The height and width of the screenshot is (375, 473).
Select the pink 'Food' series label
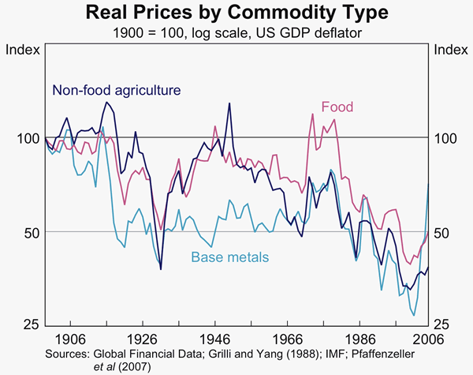point(337,107)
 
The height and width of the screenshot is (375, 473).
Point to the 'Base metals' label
point(230,257)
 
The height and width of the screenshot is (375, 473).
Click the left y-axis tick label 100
point(26,138)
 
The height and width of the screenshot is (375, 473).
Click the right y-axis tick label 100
point(445,138)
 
